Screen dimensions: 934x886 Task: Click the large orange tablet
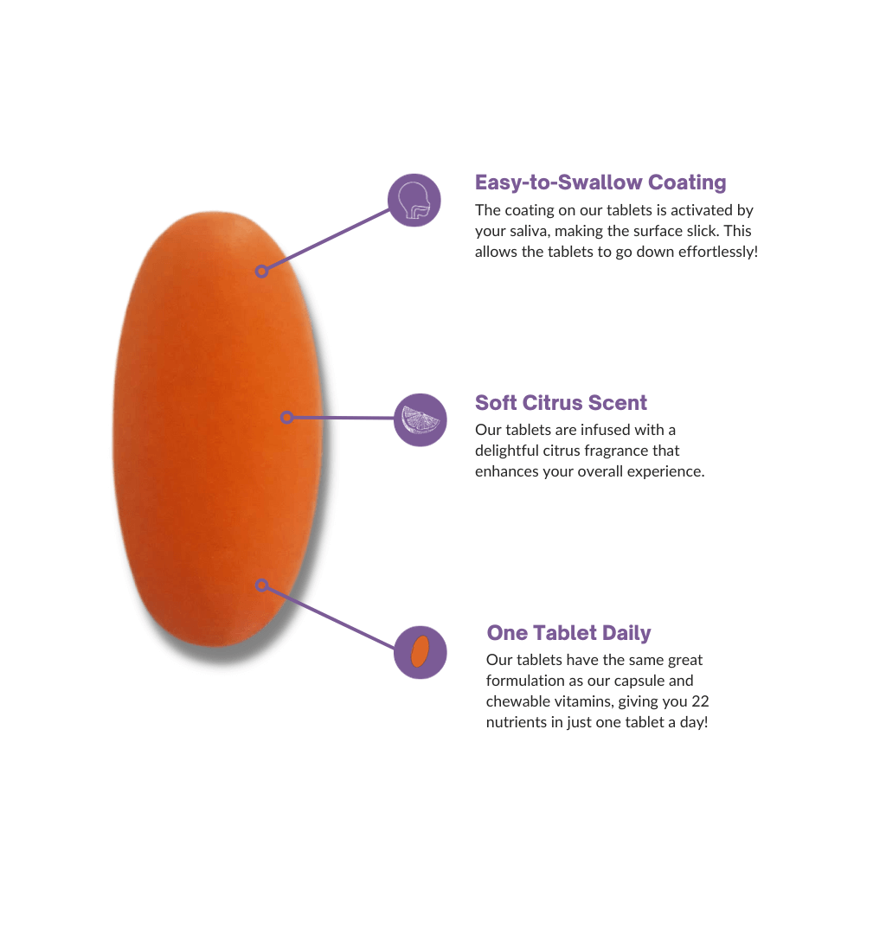(216, 432)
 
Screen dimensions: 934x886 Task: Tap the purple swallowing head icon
(414, 201)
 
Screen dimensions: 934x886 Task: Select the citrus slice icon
(421, 420)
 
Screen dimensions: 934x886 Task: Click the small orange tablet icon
(421, 652)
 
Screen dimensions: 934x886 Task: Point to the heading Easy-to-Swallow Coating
(600, 182)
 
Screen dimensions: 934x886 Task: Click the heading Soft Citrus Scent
(561, 403)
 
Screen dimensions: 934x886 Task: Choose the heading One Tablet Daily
(568, 633)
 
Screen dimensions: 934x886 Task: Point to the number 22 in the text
(701, 701)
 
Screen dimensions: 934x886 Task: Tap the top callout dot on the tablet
(261, 272)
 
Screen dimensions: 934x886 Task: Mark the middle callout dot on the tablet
(286, 418)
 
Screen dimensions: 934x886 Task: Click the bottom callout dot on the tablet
(261, 585)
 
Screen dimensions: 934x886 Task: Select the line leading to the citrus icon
(342, 419)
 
